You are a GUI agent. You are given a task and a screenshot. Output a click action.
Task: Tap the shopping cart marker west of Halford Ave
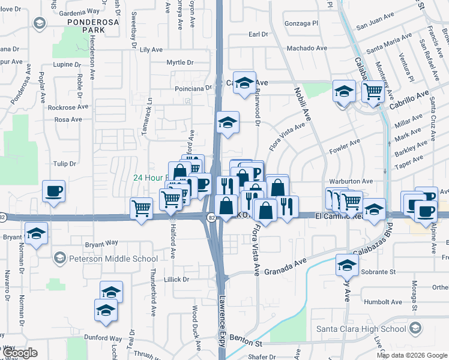(x=141, y=209)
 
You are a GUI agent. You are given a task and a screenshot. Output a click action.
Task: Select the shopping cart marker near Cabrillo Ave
(x=373, y=92)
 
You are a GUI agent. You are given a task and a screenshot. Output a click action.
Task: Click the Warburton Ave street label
(x=351, y=181)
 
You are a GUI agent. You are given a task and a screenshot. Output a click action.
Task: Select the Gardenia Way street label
(x=82, y=11)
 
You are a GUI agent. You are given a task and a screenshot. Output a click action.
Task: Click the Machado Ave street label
(x=307, y=48)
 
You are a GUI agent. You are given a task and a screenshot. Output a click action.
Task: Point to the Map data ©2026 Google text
(x=411, y=355)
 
